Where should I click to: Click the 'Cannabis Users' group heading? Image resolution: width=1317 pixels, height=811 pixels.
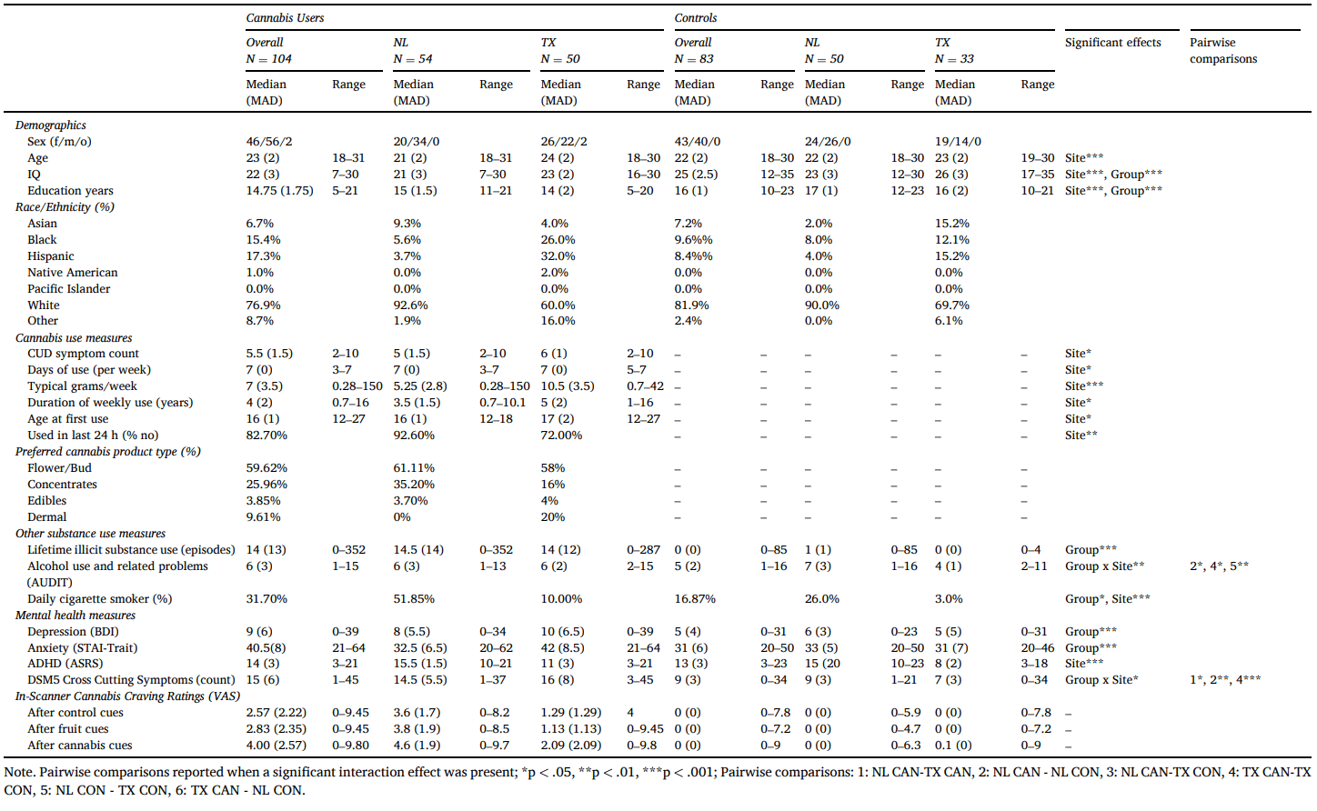point(285,18)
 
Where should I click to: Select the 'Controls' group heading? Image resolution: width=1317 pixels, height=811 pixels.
point(695,18)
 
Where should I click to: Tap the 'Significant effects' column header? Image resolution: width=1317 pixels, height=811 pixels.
point(1112,43)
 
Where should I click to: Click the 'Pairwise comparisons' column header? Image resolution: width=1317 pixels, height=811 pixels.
point(1222,51)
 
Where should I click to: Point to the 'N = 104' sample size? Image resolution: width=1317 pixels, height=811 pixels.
point(268,59)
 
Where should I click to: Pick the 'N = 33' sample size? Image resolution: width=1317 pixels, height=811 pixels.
point(954,59)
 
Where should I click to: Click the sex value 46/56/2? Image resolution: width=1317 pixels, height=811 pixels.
point(269,142)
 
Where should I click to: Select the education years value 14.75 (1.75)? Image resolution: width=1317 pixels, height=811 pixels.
point(279,191)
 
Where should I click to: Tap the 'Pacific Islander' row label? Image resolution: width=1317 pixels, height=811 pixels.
point(68,289)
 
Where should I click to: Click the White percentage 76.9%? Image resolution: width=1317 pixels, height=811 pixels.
point(263,305)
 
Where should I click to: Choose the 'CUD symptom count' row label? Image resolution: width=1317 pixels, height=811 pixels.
point(83,354)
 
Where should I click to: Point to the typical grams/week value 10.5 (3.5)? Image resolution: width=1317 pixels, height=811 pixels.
point(568,386)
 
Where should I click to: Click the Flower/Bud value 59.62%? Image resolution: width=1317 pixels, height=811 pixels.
point(266,468)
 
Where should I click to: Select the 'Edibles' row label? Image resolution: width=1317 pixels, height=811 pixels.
point(46,501)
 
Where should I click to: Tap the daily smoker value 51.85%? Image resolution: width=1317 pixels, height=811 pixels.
point(414,599)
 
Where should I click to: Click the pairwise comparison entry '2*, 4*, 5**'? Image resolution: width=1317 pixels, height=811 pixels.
point(1219,566)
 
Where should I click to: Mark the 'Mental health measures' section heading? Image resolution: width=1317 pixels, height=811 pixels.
point(75,616)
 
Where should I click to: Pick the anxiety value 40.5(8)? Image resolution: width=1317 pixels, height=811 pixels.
point(266,648)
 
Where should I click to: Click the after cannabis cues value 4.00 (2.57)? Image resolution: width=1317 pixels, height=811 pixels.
point(276,746)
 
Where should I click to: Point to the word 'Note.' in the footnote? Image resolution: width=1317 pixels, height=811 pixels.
point(20,773)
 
